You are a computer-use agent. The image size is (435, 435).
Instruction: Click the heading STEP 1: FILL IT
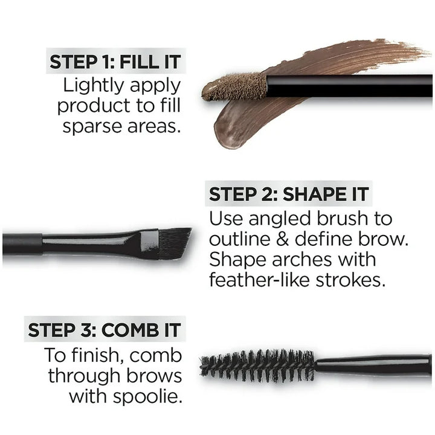[x=115, y=62]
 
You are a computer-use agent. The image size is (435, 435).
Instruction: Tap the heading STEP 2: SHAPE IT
[x=289, y=195]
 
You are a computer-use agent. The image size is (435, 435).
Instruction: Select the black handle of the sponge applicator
[x=350, y=85]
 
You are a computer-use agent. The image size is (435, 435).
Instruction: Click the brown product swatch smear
[x=338, y=58]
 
